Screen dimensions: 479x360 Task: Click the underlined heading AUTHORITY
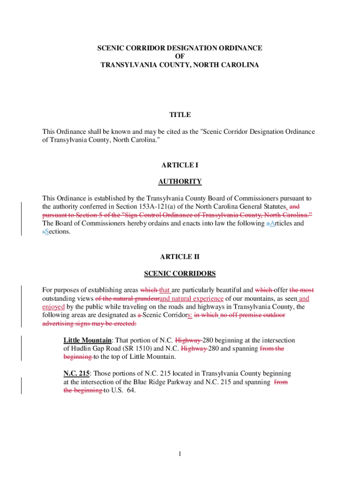(180, 181)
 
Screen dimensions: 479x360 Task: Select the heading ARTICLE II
(180, 257)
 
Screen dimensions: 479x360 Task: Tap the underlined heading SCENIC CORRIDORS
(180, 273)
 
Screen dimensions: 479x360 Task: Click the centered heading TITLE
(180, 115)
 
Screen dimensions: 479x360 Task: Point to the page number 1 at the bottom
(180, 454)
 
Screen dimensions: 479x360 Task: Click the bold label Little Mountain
(87, 340)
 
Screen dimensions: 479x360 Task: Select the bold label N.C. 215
(76, 374)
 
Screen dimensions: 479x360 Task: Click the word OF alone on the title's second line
(180, 57)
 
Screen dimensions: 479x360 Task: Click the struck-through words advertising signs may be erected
(89, 324)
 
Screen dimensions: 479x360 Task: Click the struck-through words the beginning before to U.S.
(83, 391)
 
